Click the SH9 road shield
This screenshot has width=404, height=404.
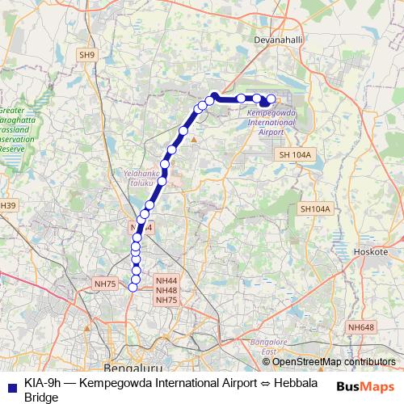(x=86, y=55)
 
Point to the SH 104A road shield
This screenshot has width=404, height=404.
(x=294, y=154)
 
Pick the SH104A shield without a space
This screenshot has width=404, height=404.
(x=315, y=208)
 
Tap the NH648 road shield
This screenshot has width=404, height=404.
(x=361, y=326)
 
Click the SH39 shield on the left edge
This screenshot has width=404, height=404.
(x=6, y=206)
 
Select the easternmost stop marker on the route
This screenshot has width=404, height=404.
(x=271, y=99)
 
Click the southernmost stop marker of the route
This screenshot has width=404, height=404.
(x=134, y=288)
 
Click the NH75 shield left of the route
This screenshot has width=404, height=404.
(x=105, y=284)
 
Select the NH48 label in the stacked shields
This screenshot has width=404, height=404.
(x=166, y=290)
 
